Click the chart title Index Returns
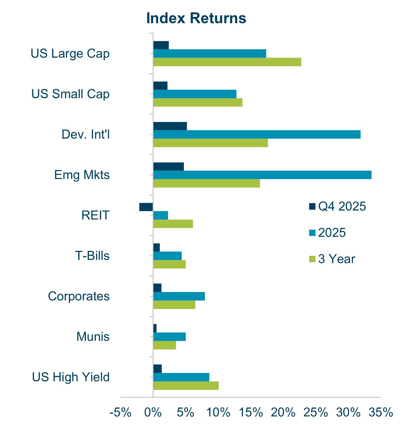[x=196, y=18]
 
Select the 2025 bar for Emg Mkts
[x=262, y=175]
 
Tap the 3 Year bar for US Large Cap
[x=227, y=62]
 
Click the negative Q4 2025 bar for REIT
[x=146, y=207]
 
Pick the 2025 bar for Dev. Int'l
[x=257, y=134]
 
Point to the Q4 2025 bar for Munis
[x=155, y=328]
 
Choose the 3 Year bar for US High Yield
[x=186, y=386]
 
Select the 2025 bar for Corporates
[x=179, y=296]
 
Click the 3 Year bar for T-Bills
[x=169, y=264]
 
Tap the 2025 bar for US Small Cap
[x=195, y=94]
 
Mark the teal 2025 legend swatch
[x=312, y=233]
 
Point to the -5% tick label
[x=120, y=412]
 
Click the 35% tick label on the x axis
[x=381, y=412]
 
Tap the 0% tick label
[x=153, y=412]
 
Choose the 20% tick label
[x=283, y=412]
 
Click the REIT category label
[x=95, y=215]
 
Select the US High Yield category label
[x=71, y=377]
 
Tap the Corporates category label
[x=79, y=296]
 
